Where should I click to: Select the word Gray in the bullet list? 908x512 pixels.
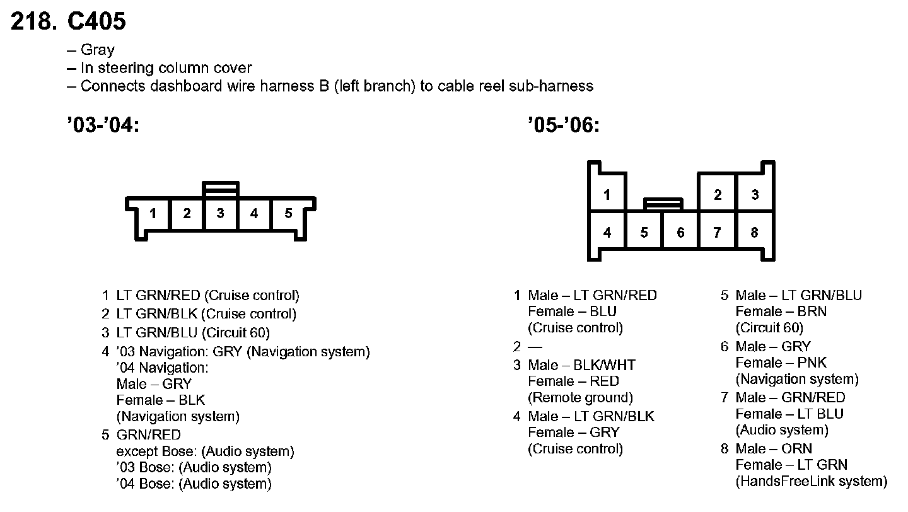(x=98, y=50)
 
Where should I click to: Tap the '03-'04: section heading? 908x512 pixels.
(x=102, y=125)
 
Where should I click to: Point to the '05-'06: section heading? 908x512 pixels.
(x=563, y=125)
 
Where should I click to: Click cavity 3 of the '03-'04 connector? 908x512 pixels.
(x=220, y=213)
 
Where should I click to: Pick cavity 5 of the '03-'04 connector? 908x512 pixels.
(x=288, y=213)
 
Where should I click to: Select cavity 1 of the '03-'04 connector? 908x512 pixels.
(x=153, y=213)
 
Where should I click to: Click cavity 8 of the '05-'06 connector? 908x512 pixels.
(x=754, y=233)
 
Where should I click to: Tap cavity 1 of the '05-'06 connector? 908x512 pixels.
(x=607, y=195)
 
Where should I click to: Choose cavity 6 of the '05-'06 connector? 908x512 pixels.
(x=680, y=233)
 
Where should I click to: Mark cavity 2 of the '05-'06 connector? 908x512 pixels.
(x=718, y=195)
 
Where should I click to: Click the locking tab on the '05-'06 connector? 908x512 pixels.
(x=663, y=204)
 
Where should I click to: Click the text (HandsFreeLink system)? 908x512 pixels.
(x=811, y=482)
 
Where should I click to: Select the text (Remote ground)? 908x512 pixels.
(x=580, y=398)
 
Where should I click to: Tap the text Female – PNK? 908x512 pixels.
(x=781, y=363)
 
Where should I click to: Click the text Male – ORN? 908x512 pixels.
(x=774, y=448)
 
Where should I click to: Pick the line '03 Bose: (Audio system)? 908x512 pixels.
(x=194, y=468)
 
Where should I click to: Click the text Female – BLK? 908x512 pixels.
(x=161, y=400)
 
